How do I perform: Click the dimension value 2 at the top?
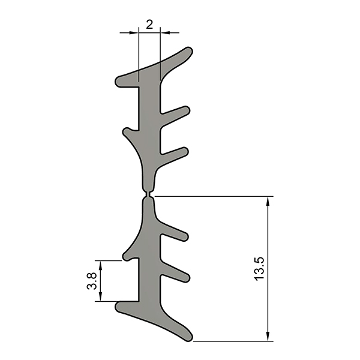149,25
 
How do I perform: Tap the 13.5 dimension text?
259,269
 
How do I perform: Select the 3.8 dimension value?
92,281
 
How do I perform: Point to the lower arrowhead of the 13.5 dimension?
268,336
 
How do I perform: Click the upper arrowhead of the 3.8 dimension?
100,265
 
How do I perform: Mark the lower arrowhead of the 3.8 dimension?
100,296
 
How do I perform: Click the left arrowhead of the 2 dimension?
134,33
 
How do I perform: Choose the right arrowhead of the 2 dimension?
165,33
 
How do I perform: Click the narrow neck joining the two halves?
148,195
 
